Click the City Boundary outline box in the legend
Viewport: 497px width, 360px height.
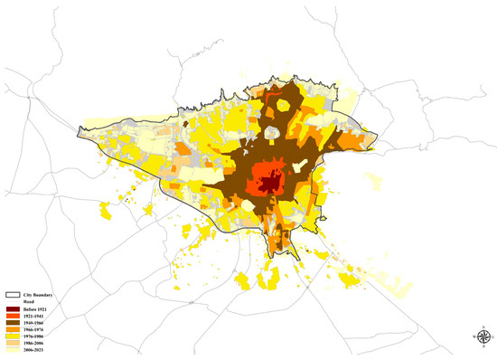pos(14,294)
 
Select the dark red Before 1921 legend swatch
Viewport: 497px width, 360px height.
pos(14,310)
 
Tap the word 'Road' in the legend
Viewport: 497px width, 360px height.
pos(31,302)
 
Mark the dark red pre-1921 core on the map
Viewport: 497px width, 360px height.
pos(268,185)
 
